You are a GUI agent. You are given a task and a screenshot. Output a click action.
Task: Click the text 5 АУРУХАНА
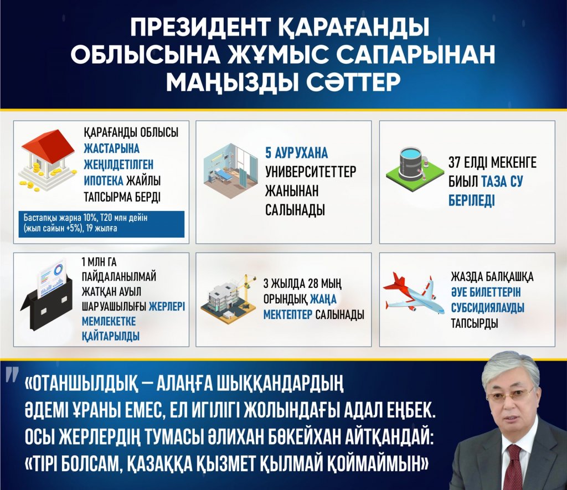297,153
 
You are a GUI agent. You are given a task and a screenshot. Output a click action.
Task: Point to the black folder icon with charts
47,294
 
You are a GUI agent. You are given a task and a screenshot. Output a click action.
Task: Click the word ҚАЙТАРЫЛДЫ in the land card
111,336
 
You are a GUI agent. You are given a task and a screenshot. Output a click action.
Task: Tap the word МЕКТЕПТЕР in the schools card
287,314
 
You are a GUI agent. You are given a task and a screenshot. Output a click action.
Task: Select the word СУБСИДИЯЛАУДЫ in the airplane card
487,307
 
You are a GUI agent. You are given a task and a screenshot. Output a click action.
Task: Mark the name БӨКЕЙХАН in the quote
296,437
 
